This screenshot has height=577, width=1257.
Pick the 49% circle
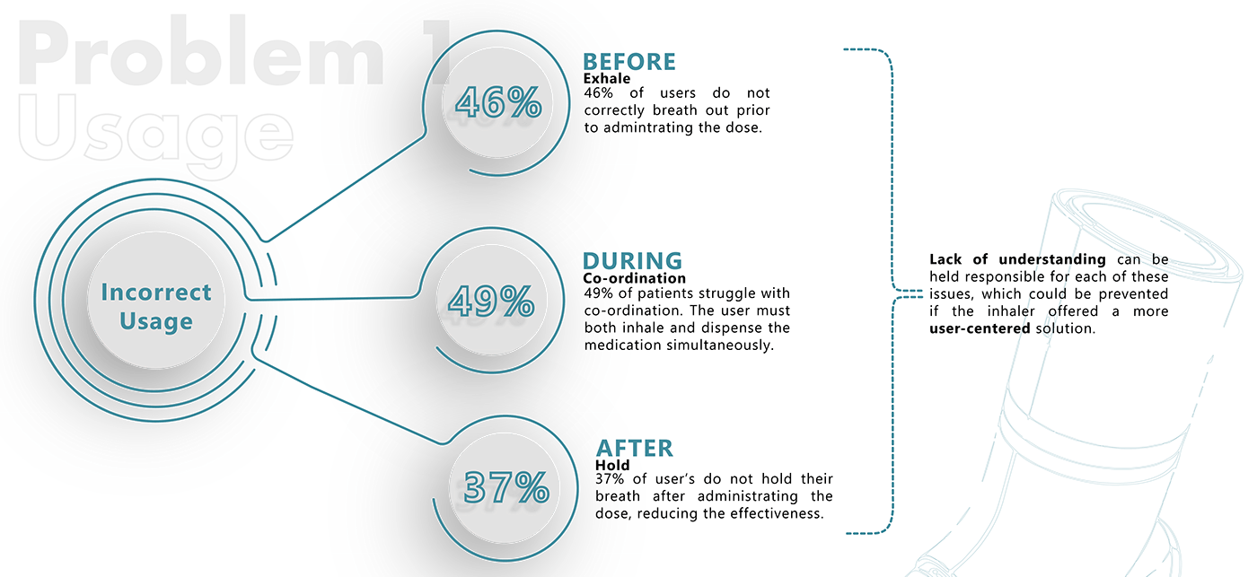491,302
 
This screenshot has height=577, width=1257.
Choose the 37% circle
505,488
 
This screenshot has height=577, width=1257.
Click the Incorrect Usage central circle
155,307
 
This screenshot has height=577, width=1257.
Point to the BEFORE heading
628,62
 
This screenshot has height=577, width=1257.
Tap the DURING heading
632,261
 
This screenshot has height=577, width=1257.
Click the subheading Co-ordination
634,279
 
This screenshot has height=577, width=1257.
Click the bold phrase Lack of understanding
1017,260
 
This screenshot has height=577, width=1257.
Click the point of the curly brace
898,291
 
